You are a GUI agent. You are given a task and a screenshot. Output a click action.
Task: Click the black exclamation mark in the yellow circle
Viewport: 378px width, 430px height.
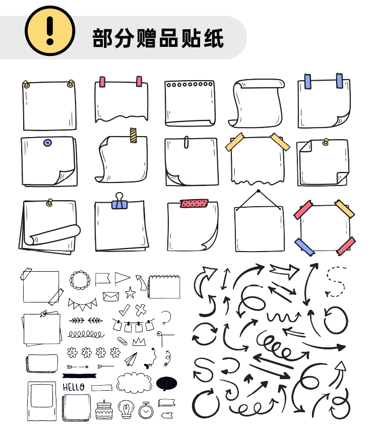point(50,31)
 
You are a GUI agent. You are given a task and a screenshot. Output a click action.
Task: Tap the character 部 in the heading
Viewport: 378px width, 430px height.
point(102,38)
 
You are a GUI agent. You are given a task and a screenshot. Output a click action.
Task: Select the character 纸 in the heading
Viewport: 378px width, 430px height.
point(214,38)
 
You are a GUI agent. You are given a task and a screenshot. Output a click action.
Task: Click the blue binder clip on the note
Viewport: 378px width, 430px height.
point(119,202)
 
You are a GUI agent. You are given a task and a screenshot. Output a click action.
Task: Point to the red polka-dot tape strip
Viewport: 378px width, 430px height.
point(194,203)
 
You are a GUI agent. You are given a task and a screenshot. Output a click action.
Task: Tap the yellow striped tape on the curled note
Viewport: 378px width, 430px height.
point(133,135)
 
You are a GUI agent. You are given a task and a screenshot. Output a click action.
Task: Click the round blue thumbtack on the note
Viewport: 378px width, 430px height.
point(48,143)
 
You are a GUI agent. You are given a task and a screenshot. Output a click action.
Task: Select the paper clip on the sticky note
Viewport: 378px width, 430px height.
point(186,142)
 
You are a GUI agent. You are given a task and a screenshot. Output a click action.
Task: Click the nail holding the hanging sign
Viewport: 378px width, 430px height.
point(258,191)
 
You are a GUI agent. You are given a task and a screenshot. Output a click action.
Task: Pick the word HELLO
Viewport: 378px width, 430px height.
point(74,387)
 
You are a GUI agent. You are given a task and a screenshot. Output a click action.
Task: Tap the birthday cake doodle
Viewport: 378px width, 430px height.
point(104,410)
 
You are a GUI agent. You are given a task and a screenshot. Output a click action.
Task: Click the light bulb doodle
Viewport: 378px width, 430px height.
point(126,409)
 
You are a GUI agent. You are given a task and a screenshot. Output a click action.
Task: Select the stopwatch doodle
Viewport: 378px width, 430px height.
point(146,410)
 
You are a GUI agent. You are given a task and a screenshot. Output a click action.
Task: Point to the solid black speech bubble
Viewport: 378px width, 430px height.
point(166,384)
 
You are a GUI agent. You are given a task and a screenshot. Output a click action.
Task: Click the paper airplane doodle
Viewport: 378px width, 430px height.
point(131,359)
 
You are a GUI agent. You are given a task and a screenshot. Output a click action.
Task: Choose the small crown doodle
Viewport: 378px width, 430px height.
point(139,342)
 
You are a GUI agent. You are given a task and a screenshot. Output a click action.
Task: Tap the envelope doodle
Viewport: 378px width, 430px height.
point(111,297)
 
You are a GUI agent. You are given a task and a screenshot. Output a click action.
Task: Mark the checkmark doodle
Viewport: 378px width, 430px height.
point(124,310)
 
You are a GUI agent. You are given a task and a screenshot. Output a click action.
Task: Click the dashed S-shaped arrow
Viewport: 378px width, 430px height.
point(336,282)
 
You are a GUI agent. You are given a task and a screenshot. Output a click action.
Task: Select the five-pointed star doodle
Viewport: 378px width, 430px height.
point(130,292)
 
